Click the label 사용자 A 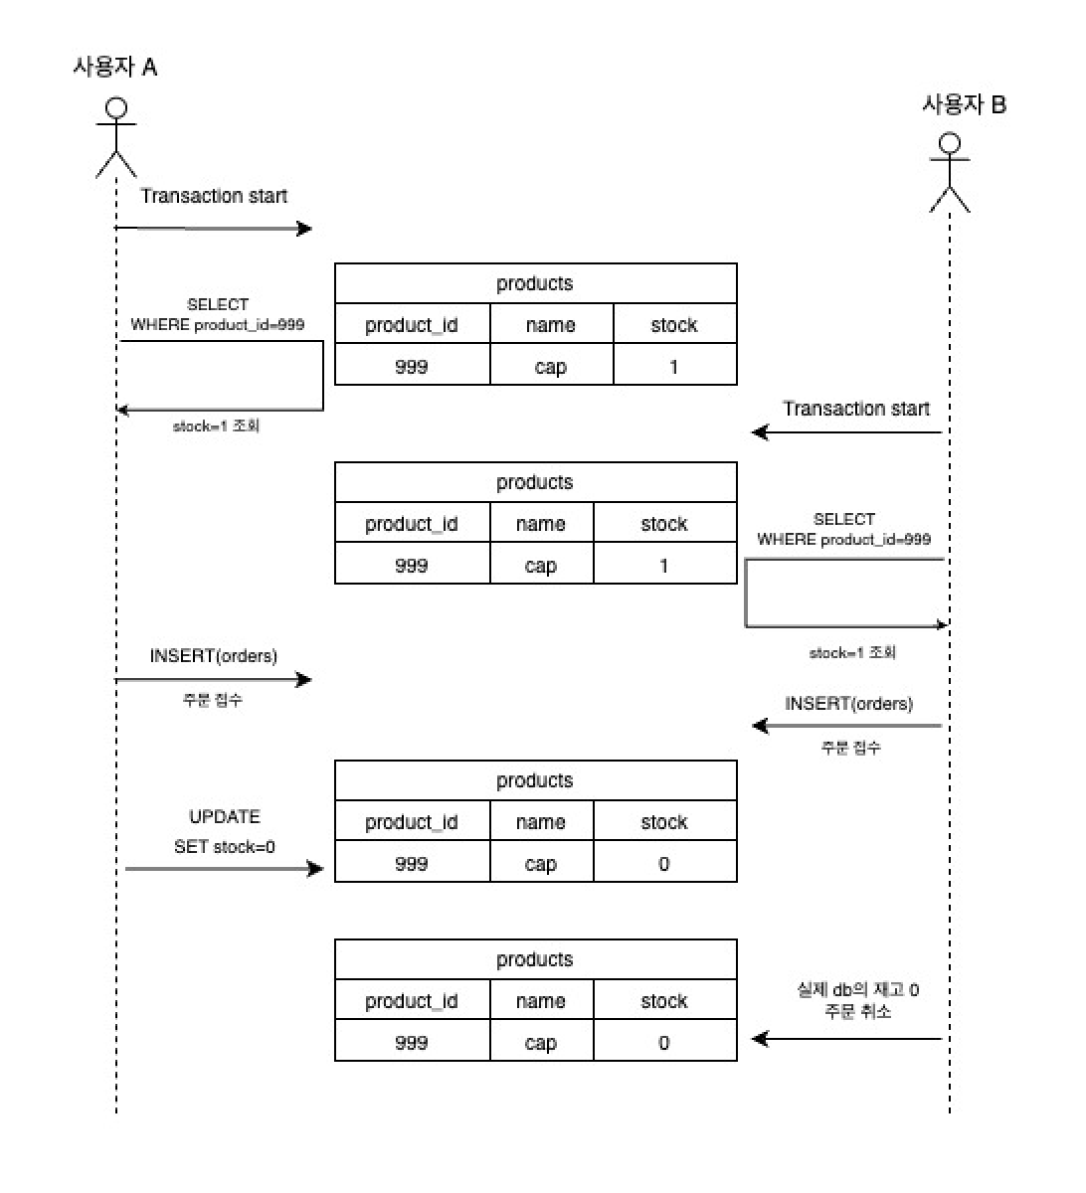pyautogui.click(x=114, y=67)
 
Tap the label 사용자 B pyautogui.click(x=964, y=103)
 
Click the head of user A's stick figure pyautogui.click(x=116, y=108)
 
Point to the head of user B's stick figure pyautogui.click(x=950, y=144)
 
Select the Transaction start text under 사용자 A pyautogui.click(x=214, y=196)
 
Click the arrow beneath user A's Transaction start pyautogui.click(x=214, y=229)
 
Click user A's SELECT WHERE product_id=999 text pyautogui.click(x=218, y=314)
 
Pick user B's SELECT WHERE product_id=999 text pyautogui.click(x=844, y=529)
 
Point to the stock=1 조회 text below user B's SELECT pyautogui.click(x=852, y=653)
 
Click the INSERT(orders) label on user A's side pyautogui.click(x=214, y=656)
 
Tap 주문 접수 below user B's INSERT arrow pyautogui.click(x=850, y=748)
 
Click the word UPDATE pyautogui.click(x=225, y=816)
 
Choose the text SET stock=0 pyautogui.click(x=225, y=847)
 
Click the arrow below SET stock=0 pyautogui.click(x=225, y=869)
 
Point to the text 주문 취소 pyautogui.click(x=857, y=1011)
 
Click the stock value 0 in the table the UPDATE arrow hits pyautogui.click(x=664, y=864)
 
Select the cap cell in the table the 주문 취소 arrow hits pyautogui.click(x=541, y=1043)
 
